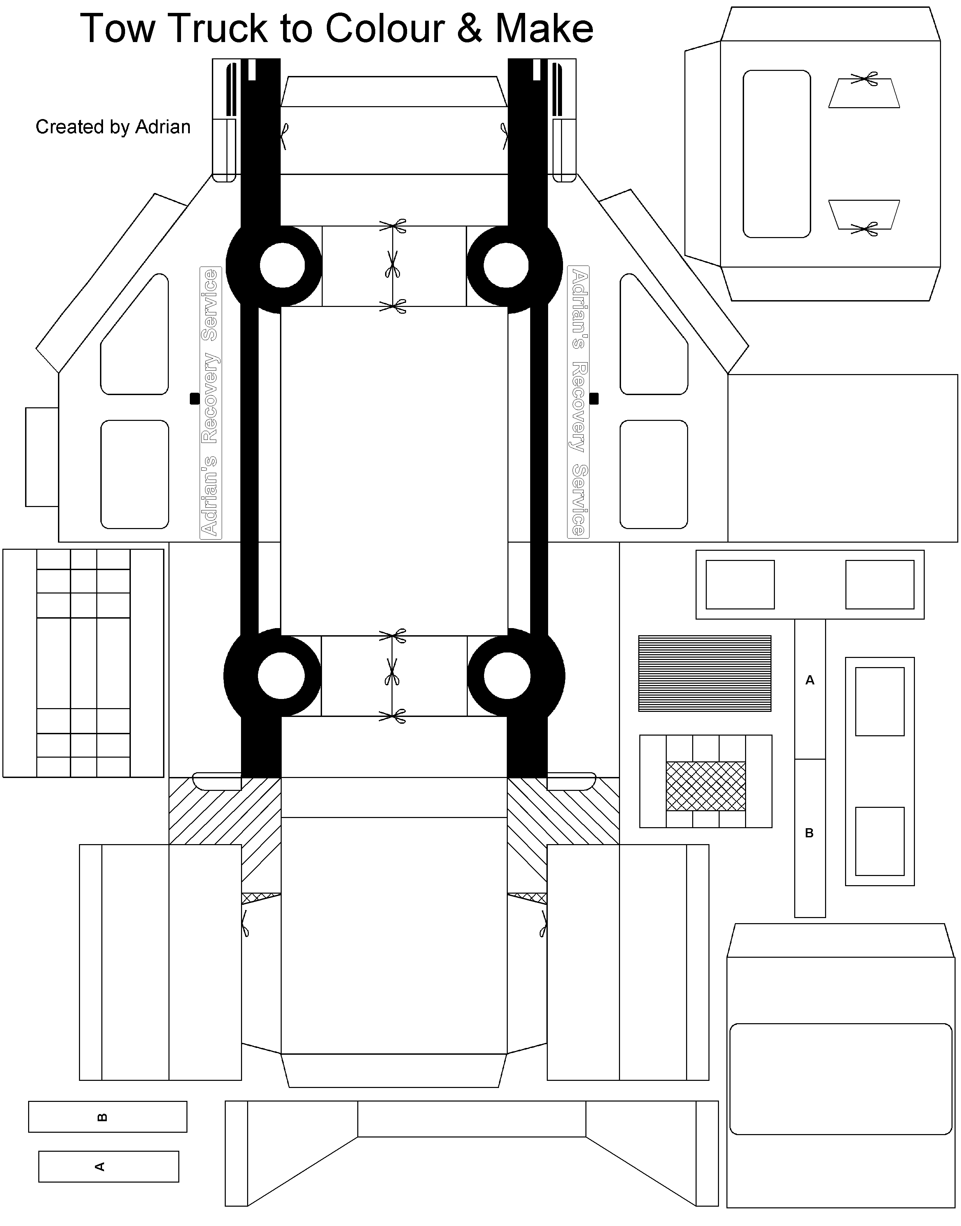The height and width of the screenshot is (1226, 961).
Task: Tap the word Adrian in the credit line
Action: (163, 127)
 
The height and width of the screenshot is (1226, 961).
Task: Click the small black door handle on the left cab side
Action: (195, 398)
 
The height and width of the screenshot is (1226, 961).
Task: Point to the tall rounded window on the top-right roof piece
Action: (777, 154)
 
